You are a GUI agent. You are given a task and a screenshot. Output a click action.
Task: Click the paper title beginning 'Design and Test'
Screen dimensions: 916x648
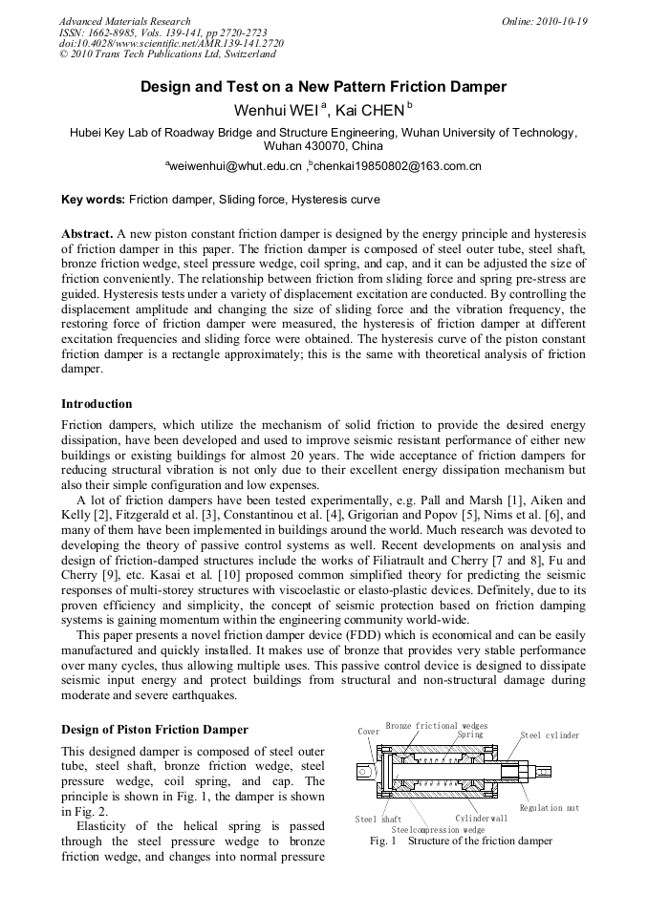[323, 87]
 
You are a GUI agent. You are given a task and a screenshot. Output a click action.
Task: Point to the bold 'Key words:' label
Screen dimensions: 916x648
[93, 200]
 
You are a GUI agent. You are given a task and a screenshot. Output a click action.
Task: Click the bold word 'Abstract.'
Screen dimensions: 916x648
[87, 233]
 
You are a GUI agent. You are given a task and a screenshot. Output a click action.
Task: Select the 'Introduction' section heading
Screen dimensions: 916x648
[97, 404]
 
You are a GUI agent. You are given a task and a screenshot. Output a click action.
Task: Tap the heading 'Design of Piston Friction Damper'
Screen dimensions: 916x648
[155, 730]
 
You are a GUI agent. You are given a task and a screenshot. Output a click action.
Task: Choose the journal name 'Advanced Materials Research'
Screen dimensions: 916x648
[124, 21]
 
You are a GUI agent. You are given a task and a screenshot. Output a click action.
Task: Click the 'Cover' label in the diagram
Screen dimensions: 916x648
[368, 732]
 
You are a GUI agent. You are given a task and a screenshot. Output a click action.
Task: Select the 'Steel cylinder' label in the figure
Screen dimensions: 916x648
[550, 735]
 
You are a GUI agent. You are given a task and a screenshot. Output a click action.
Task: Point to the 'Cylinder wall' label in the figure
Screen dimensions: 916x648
[482, 819]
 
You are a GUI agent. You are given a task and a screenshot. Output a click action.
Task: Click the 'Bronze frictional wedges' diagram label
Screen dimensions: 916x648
[436, 726]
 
